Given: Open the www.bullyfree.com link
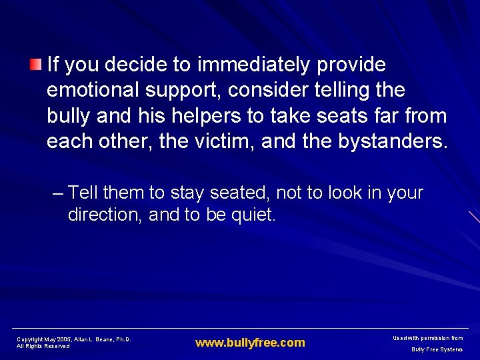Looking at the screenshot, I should (250, 343).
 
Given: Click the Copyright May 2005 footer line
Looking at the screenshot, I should (73, 339).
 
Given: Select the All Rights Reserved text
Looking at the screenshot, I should (43, 347).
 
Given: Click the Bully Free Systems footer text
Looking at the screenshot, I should (437, 349).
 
